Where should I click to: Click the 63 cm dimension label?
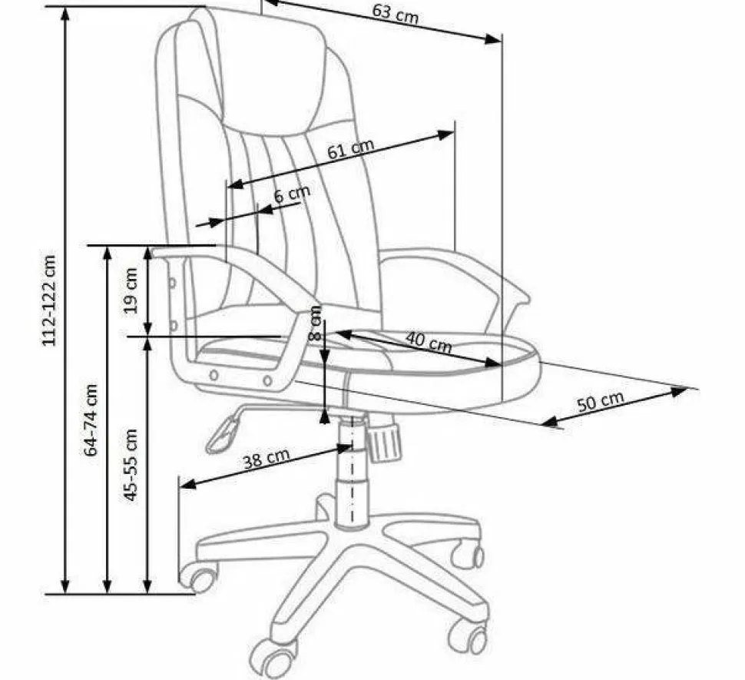coord(395,13)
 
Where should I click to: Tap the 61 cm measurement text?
coord(350,148)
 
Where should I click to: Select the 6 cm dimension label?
coord(292,194)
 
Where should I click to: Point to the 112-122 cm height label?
coord(50,300)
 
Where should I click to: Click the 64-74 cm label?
coord(91,420)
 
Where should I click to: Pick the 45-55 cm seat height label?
coord(131,465)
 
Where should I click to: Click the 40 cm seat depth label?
coord(428,343)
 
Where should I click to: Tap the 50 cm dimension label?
coord(600,401)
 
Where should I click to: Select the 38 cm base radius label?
coord(266,459)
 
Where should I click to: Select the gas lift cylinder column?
coord(352,476)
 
